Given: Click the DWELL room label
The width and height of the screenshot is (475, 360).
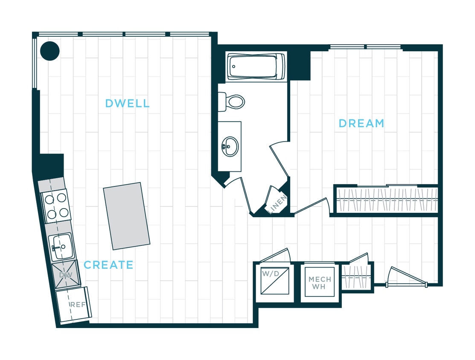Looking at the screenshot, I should pyautogui.click(x=127, y=103).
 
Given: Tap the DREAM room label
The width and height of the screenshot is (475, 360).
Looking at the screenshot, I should pyautogui.click(x=361, y=124).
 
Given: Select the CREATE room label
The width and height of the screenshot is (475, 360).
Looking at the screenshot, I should pyautogui.click(x=108, y=265).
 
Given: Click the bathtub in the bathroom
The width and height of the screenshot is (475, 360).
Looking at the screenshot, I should pyautogui.click(x=256, y=66).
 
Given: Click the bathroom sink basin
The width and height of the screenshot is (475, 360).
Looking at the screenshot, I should pyautogui.click(x=230, y=146).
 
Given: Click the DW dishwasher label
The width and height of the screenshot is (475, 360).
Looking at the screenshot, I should pyautogui.click(x=66, y=275).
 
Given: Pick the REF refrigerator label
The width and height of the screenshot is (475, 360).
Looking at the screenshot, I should pyautogui.click(x=78, y=305).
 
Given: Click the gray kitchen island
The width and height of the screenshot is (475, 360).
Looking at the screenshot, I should pyautogui.click(x=127, y=216).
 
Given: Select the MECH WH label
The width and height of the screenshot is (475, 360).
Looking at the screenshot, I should pyautogui.click(x=320, y=283).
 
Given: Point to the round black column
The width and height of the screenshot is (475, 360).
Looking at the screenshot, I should pyautogui.click(x=50, y=51).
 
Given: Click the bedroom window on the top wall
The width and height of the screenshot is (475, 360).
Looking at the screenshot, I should pyautogui.click(x=365, y=47).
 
